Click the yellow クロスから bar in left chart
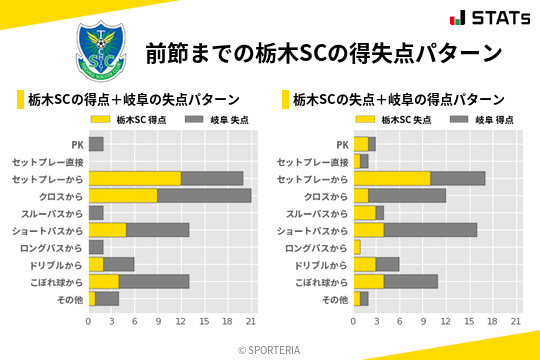123,195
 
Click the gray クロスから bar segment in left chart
204,195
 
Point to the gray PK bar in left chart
96,144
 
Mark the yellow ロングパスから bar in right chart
357,247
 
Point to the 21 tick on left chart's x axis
251,322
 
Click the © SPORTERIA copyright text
269,349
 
